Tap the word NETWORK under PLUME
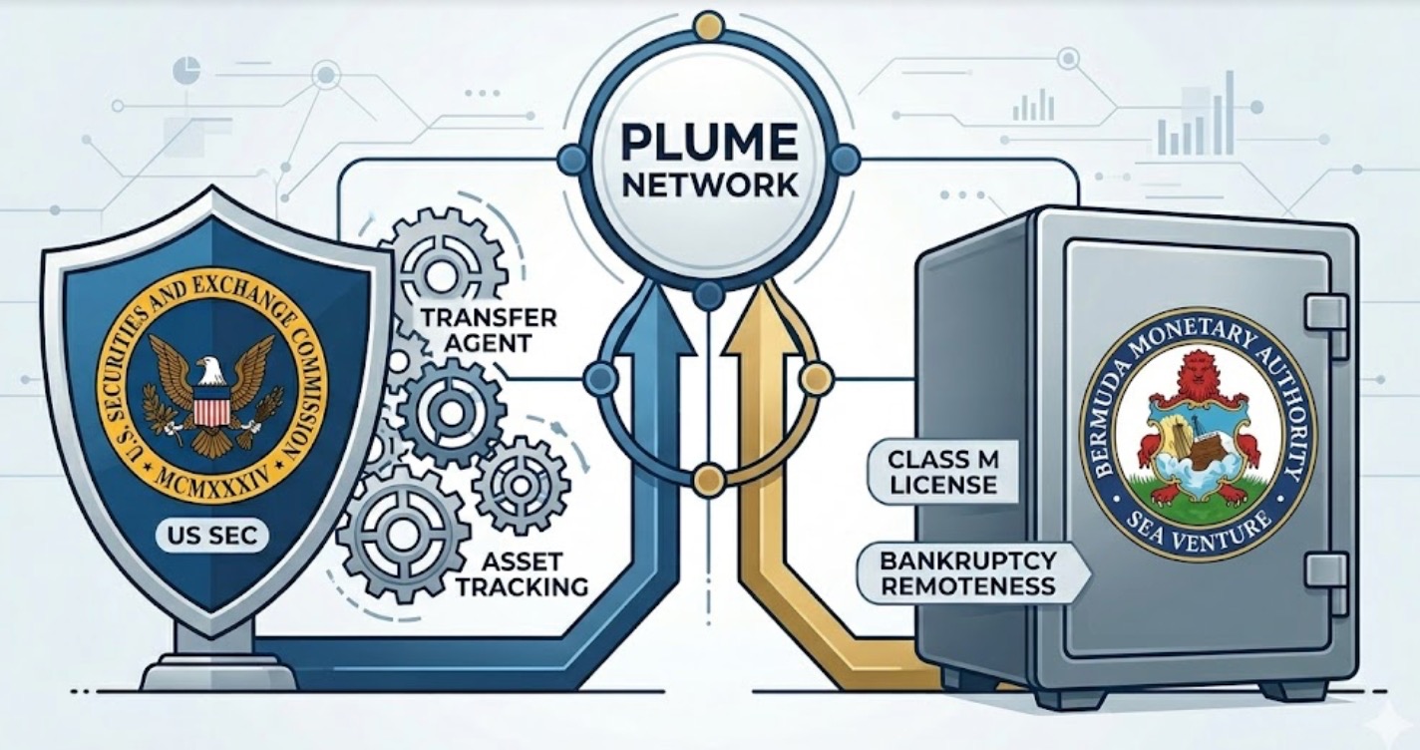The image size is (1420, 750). [x=710, y=186]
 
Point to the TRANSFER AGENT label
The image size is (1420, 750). [x=489, y=330]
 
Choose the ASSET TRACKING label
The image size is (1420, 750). [x=522, y=574]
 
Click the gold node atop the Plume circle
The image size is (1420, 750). [x=710, y=26]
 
